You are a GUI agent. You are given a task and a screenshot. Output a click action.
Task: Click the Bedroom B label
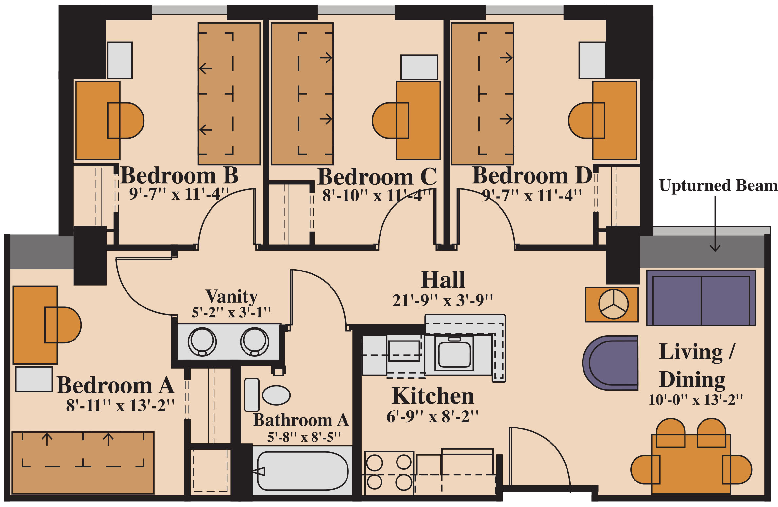coord(179,176)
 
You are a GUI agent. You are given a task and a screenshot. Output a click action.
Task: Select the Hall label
coord(443,280)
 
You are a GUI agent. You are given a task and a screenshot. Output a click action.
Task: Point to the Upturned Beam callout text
coord(718,185)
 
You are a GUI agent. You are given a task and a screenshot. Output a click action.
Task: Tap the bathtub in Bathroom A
coord(303,471)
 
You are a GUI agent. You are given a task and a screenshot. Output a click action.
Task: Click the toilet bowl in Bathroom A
coord(276,395)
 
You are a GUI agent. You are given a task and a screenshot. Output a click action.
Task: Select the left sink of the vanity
coord(202,341)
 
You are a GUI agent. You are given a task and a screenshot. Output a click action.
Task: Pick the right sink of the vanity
coord(255,341)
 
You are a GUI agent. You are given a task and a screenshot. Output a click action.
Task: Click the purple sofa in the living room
coord(701,298)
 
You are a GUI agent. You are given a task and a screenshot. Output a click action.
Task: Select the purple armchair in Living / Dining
coord(610,363)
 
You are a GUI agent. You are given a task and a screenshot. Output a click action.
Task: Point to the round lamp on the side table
coord(613,304)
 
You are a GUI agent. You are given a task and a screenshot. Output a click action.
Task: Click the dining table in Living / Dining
coord(691,464)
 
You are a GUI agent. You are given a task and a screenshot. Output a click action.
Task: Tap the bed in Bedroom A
coord(83,463)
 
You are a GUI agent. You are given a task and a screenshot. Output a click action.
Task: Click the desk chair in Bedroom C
coord(390,120)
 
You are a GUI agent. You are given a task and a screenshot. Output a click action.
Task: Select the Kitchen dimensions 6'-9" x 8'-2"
coord(432,417)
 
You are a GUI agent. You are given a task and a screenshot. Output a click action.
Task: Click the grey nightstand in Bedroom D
coord(592,60)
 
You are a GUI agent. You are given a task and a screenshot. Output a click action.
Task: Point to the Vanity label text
coord(231,296)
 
